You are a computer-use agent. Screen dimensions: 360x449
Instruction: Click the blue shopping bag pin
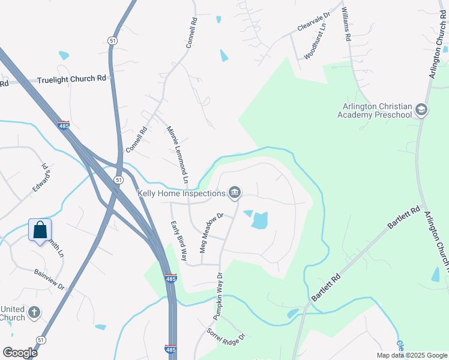pos(40,230)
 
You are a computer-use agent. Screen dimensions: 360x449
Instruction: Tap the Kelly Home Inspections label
pos(181,193)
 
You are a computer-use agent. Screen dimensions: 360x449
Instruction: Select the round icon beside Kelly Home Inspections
pos(235,193)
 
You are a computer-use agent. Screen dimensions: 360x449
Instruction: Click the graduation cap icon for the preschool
pos(421,110)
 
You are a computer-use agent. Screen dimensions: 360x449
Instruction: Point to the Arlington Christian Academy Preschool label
pos(375,110)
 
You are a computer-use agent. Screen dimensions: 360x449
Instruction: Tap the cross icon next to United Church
pos(35,313)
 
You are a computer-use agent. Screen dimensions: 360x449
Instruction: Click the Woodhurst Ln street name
pos(315,41)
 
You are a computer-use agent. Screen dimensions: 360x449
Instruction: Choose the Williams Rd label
pos(345,24)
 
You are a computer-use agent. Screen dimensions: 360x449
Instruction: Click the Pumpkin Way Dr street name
pos(218,295)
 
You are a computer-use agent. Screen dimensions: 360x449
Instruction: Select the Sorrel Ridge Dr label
pos(226,335)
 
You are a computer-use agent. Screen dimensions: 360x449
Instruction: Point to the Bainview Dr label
pos(49,278)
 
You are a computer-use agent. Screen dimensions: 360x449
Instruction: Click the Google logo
pos(20,353)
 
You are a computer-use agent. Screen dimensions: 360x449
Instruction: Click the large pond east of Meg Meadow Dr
pos(259,221)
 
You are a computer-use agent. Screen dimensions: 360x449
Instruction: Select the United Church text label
pos(13,313)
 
